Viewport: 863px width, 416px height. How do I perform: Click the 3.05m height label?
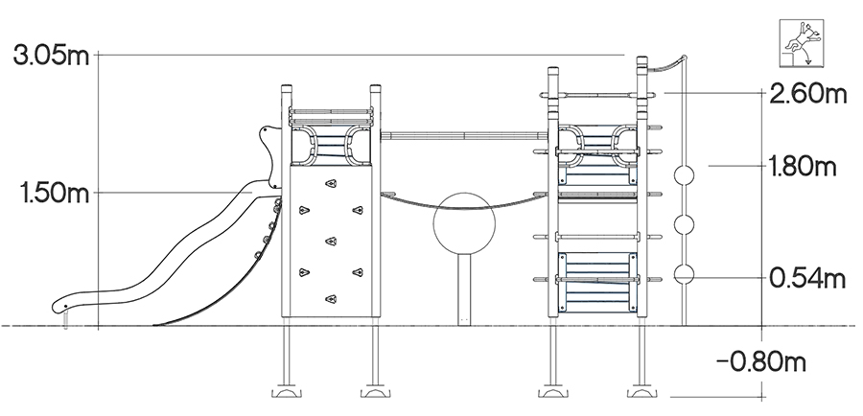(x=51, y=56)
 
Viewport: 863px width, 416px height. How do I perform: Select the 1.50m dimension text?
(x=54, y=194)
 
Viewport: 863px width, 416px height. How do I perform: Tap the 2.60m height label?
(x=808, y=94)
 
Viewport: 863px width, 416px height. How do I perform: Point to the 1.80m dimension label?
(x=803, y=166)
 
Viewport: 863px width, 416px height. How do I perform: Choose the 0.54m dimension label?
(x=806, y=278)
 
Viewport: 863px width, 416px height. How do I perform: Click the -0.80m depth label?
(x=761, y=362)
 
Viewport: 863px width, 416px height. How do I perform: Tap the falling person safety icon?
(x=802, y=43)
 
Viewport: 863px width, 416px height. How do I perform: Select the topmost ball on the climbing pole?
(x=684, y=175)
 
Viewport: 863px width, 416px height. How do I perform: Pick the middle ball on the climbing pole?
(x=684, y=224)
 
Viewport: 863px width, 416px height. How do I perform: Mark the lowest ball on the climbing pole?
(x=684, y=274)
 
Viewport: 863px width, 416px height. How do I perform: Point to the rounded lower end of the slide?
(x=61, y=306)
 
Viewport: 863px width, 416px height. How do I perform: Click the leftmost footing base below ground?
(x=286, y=392)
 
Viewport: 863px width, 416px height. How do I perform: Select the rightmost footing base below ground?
(x=641, y=392)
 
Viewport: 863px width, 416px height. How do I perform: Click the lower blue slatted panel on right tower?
(x=597, y=283)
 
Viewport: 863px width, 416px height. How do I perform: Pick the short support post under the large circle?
(x=464, y=289)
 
